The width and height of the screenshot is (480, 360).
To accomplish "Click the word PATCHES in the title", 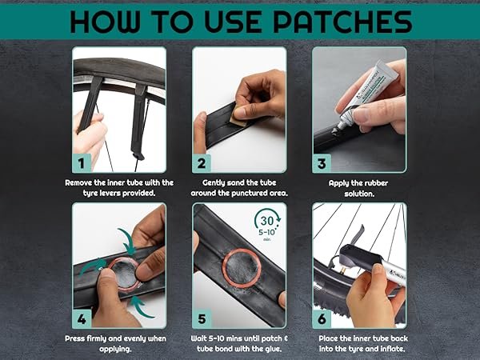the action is (342, 22).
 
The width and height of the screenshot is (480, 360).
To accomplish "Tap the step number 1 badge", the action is (82, 163).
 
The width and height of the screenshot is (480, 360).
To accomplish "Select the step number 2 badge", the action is (202, 163).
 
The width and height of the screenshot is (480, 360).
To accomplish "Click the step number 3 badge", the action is (322, 163).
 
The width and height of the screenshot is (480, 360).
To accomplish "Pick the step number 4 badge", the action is (82, 319).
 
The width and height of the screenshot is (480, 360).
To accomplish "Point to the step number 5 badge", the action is (202, 319).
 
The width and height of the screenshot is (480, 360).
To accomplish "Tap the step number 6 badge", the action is (322, 319).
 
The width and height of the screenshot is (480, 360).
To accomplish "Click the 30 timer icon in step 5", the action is (267, 224).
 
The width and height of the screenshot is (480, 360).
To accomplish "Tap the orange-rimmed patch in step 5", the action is (242, 268).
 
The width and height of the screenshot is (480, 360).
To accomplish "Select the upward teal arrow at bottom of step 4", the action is (141, 306).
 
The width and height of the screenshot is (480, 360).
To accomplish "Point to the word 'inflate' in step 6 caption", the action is (393, 349).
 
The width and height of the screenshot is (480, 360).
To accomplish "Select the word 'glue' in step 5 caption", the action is (272, 349).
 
